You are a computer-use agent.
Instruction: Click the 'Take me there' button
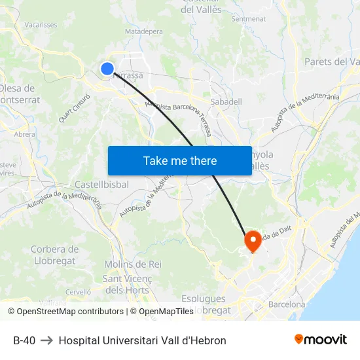tap(180, 160)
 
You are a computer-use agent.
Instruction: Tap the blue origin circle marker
tap(107, 68)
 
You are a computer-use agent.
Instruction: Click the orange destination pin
tap(252, 242)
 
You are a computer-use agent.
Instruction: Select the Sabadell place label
tap(226, 101)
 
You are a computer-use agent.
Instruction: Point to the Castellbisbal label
tap(101, 185)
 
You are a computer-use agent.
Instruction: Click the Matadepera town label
tap(143, 31)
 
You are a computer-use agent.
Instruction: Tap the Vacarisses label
tap(41, 24)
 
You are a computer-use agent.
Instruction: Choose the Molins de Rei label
tap(132, 264)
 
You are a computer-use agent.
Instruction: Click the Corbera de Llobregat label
tap(54, 255)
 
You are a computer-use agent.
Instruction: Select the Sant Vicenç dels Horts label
tap(126, 284)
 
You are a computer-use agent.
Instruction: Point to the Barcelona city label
tap(286, 304)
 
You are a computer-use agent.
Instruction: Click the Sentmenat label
tap(248, 19)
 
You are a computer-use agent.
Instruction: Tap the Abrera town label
tap(24, 134)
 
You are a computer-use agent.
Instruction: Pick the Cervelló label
tap(78, 292)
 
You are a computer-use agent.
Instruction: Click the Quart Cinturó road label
tap(74, 107)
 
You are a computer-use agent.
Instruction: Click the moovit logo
tap(320, 340)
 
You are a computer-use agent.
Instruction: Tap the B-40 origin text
tap(24, 340)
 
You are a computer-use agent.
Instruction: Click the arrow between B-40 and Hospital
tap(47, 340)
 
